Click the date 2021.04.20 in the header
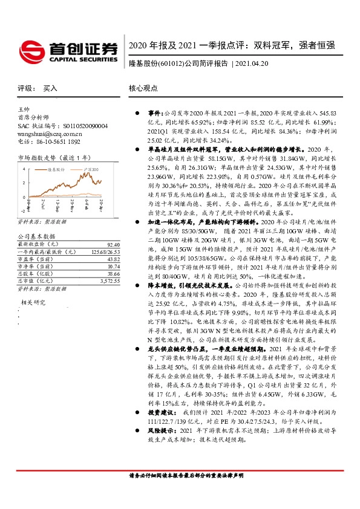[x=248, y=63]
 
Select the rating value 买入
[x=50, y=88]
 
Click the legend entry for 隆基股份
[x=57, y=171]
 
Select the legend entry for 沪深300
[x=92, y=171]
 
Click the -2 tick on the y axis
[x=22, y=212]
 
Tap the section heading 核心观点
[x=143, y=88]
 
